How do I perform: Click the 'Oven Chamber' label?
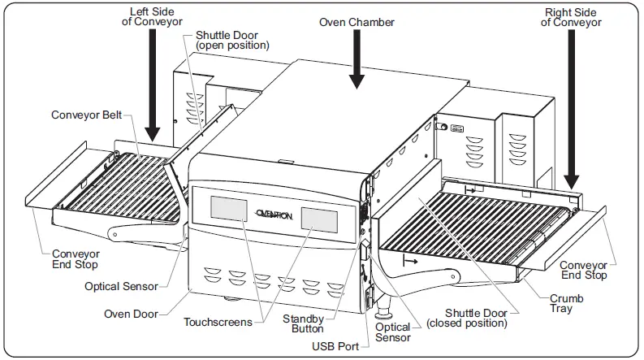pyautogui.click(x=357, y=23)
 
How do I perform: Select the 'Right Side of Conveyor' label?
pyautogui.click(x=572, y=16)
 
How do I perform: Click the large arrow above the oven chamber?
pyautogui.click(x=355, y=65)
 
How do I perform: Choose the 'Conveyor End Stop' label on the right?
pyautogui.click(x=584, y=270)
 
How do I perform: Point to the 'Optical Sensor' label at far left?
pyautogui.click(x=121, y=286)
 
